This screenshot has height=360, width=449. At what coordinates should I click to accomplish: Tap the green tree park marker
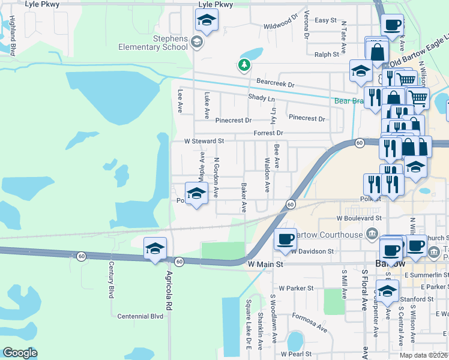[x=244, y=65]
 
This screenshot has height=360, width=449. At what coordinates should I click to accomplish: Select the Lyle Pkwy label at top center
[x=215, y=4]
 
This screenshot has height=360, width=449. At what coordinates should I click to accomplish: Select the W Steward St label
[x=204, y=141]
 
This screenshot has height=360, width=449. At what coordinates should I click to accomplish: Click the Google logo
[x=20, y=353]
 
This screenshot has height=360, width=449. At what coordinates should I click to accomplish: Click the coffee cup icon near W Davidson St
[x=285, y=238]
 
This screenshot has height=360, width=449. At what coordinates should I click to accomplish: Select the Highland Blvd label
[x=13, y=40]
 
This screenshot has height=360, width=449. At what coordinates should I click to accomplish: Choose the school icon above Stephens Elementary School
[x=206, y=21]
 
